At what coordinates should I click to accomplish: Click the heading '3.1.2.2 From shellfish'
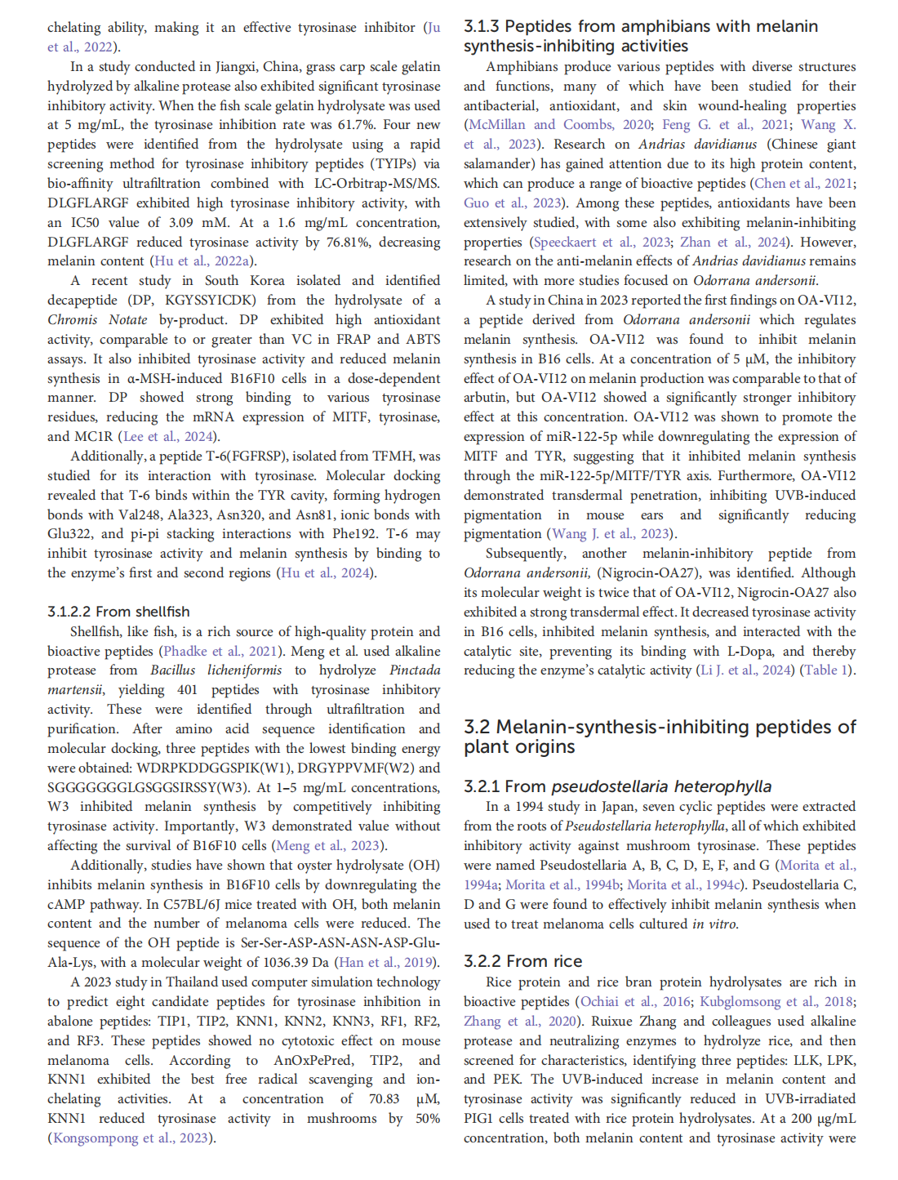118,612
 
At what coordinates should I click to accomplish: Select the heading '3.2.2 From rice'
522,961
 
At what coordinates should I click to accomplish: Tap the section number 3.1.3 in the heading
482,26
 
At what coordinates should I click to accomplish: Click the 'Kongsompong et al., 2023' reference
131,1138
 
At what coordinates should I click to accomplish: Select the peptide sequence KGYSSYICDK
212,301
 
